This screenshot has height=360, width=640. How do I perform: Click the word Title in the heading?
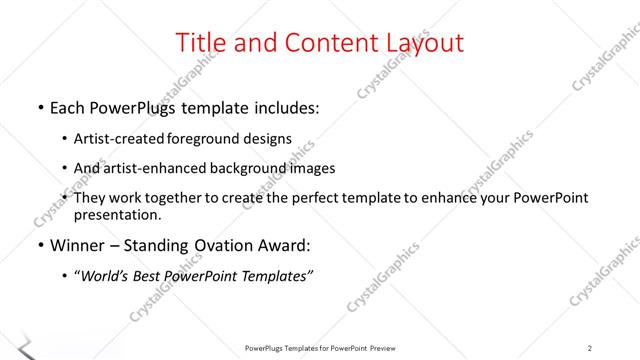(198, 43)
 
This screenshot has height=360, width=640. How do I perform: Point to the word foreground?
(210, 138)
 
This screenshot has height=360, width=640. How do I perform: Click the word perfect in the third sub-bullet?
(312, 198)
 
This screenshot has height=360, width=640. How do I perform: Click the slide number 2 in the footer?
(590, 348)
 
